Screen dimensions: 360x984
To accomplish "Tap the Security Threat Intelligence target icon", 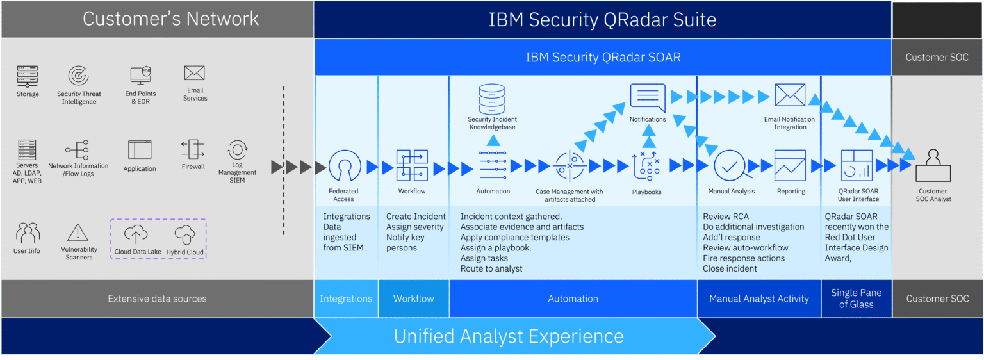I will (79, 77).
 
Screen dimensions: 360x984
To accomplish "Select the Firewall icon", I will (193, 150).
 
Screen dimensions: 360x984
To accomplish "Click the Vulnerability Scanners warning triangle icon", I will (78, 233).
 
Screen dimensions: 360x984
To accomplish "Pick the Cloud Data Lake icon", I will (136, 235).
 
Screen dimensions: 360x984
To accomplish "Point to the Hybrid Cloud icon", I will (184, 235).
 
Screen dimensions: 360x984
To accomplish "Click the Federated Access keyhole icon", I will (344, 166).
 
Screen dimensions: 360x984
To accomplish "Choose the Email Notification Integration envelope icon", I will (790, 95).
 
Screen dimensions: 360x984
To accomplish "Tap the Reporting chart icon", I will (790, 165).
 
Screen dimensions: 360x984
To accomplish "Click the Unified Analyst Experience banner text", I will (509, 336).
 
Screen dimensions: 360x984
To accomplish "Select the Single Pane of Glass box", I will (856, 299).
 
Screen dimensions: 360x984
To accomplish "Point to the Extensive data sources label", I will (157, 299).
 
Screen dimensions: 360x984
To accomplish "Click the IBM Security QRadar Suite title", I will (602, 19).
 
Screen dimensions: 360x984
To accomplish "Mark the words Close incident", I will (730, 268).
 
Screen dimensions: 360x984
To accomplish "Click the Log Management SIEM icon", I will (237, 150).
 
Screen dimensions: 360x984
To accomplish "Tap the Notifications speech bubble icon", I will (648, 97).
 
